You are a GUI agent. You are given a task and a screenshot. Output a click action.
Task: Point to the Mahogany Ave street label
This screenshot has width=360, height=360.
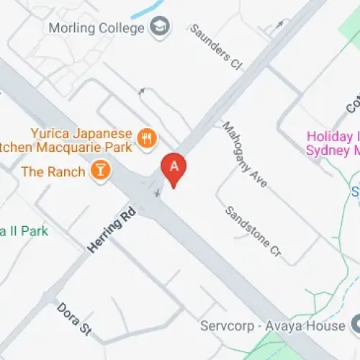pyautogui.click(x=245, y=154)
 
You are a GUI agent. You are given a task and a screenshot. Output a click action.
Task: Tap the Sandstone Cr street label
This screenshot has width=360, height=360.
pyautogui.click(x=252, y=232)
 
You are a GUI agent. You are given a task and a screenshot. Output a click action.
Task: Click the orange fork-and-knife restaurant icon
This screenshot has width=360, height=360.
pyautogui.click(x=148, y=138)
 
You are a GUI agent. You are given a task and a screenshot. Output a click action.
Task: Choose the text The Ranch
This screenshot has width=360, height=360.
pyautogui.click(x=54, y=171)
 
